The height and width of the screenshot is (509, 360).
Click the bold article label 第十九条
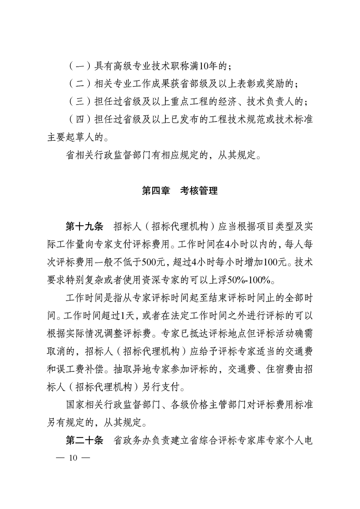(x=84, y=227)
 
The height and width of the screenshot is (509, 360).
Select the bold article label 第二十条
(x=84, y=441)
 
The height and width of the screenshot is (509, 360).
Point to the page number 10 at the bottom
(x=73, y=458)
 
